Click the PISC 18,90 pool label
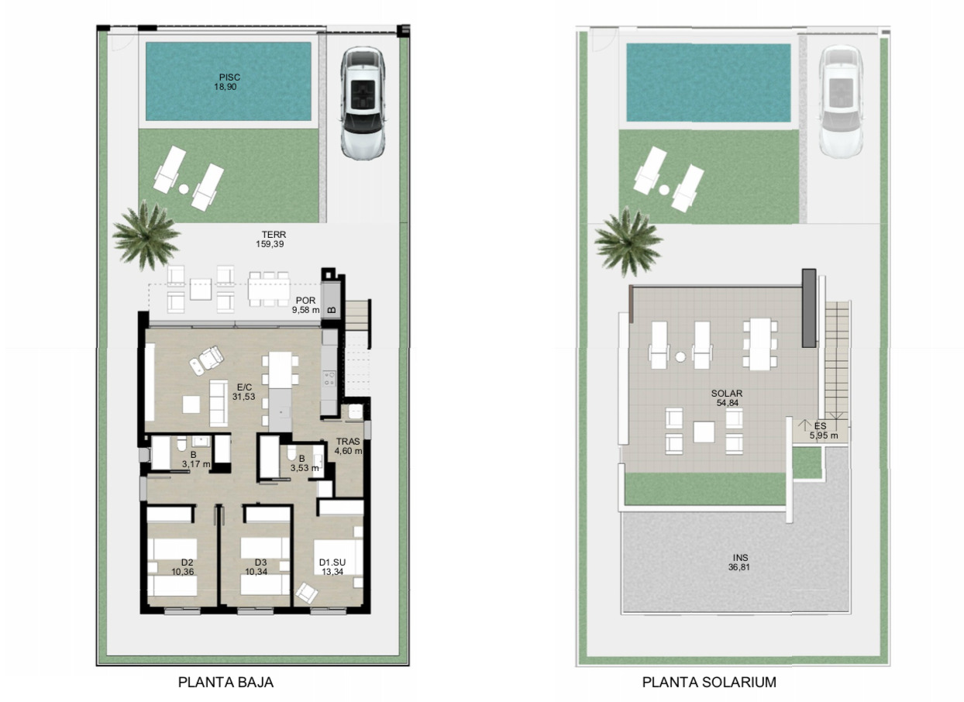[x=228, y=82]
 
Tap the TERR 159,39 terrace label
[x=270, y=239]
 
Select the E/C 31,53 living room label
[x=244, y=392]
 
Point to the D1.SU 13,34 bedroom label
[x=332, y=567]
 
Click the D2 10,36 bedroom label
[x=183, y=567]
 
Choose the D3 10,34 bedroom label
[x=256, y=567]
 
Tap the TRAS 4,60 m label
[x=348, y=446]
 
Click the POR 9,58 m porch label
[x=305, y=305]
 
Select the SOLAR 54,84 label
[x=727, y=398]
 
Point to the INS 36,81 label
[x=739, y=563]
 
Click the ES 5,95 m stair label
[x=824, y=430]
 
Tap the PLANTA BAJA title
[x=226, y=682]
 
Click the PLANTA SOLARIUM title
[x=709, y=682]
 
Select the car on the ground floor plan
[x=363, y=103]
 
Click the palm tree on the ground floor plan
[x=145, y=235]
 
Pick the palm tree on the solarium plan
[x=628, y=241]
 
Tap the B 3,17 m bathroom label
[x=195, y=459]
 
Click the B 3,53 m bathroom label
[x=305, y=463]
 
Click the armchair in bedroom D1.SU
[x=307, y=593]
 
